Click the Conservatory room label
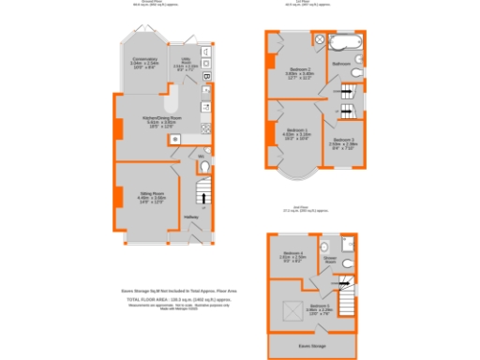pos(143,65)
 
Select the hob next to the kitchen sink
pos(175,140)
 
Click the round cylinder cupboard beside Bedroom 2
pos(318,41)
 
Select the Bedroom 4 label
pos(293,255)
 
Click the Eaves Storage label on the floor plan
pos(312,345)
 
